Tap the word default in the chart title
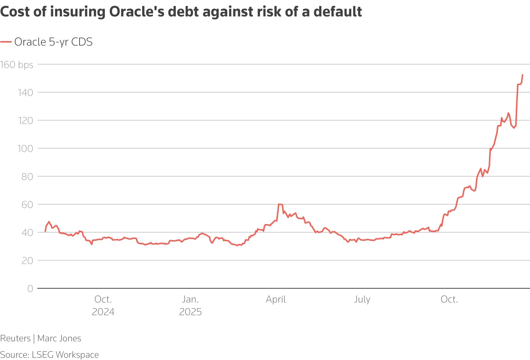pos(337,12)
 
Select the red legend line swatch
pos(6,42)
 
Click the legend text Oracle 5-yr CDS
pos(53,42)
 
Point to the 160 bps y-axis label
pos(17,65)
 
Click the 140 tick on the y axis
pos(25,92)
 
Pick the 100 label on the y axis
pos(25,148)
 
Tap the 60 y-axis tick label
pos(27,204)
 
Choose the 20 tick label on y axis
pos(27,260)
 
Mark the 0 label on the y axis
pos(30,288)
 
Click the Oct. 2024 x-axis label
pos(103,305)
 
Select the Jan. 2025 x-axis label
pos(190,305)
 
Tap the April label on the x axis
pos(276,300)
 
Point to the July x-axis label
pos(362,300)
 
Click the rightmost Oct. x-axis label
pos(449,300)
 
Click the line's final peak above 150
pos(522,75)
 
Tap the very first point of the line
pos(45,232)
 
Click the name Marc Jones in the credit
pos(59,338)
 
